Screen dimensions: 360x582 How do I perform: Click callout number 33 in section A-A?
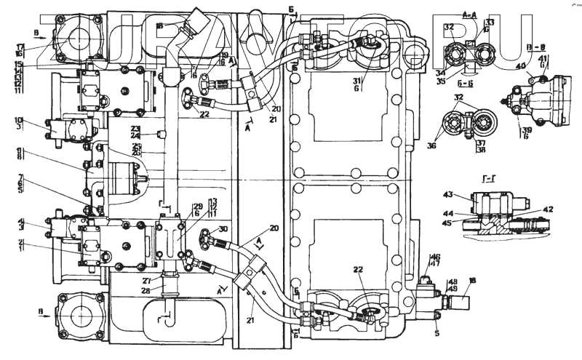click(490, 23)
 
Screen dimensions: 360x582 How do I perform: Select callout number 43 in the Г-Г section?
click(448, 195)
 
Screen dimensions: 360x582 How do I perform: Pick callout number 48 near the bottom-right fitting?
click(452, 281)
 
